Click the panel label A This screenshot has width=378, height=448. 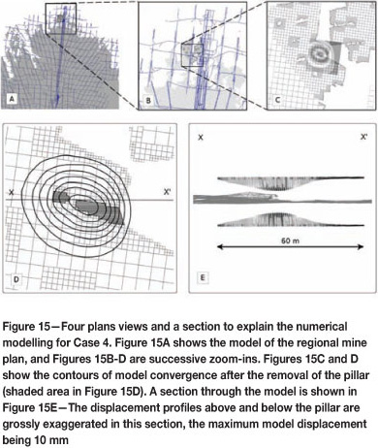12,98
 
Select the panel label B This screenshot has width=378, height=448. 148,100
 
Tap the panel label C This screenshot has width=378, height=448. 277,100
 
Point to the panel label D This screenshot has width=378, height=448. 16,279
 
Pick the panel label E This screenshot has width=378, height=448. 203,277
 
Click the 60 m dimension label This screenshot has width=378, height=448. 290,240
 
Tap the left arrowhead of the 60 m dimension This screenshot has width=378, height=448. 220,247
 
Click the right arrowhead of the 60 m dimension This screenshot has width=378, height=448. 361,247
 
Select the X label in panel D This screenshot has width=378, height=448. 12,193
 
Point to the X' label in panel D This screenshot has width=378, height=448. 167,192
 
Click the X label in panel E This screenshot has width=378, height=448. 201,138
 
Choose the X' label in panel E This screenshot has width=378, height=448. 364,137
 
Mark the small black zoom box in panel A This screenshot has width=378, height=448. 61,3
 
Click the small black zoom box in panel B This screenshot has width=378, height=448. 192,44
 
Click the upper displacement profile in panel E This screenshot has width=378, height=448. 291,182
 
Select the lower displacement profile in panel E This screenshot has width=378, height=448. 291,220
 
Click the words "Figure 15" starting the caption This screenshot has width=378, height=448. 27,327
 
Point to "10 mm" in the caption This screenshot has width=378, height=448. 53,440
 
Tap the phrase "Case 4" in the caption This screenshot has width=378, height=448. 86,342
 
